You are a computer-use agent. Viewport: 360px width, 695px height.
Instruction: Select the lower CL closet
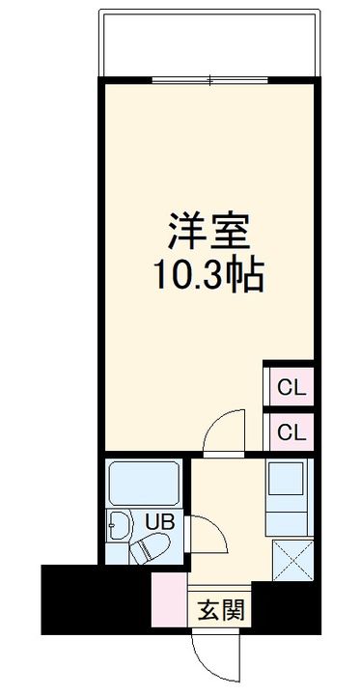[x=289, y=431]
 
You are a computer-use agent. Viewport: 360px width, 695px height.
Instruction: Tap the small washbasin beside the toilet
[x=120, y=528]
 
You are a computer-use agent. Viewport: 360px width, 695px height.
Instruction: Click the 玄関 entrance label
[x=220, y=610]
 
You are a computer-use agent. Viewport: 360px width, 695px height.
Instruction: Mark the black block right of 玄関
[x=284, y=606]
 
